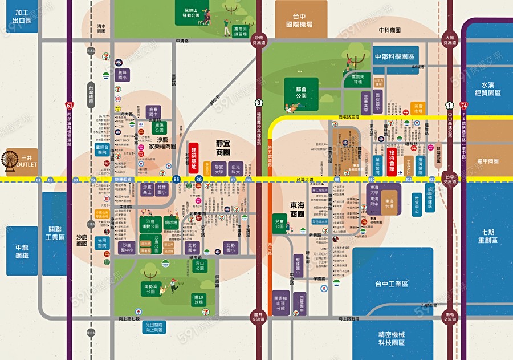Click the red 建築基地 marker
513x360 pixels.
point(193,155)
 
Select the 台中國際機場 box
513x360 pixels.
point(301,22)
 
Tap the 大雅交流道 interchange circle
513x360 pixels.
point(450,39)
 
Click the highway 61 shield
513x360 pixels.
point(69,106)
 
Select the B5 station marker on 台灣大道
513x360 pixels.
point(177,180)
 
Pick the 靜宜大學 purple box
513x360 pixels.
point(219,169)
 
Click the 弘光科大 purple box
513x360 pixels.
point(235,169)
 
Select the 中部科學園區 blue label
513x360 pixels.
point(396,57)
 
